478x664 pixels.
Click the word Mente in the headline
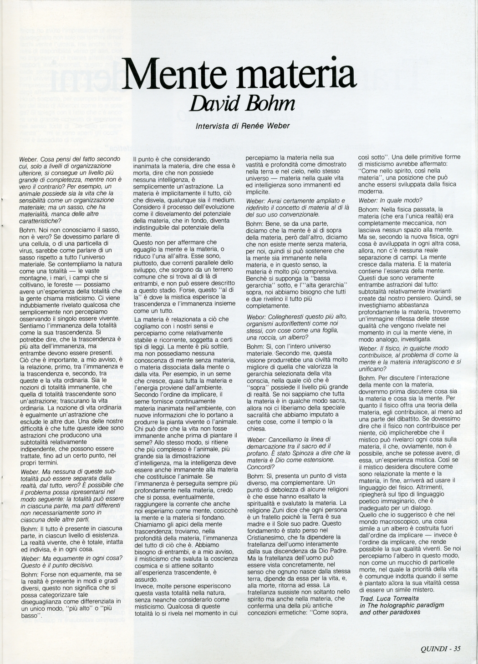point(172,75)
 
